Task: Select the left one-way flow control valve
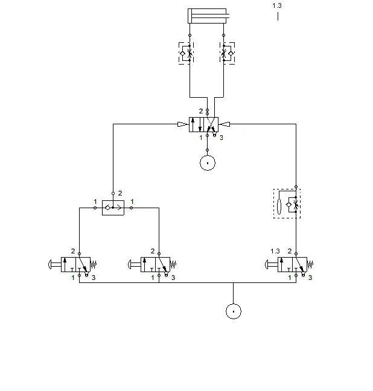tap(186, 53)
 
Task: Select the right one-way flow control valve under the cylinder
tap(227, 53)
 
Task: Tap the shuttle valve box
tap(113, 208)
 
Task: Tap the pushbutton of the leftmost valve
tap(54, 264)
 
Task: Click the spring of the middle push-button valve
tap(173, 264)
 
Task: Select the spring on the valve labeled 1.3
tap(310, 264)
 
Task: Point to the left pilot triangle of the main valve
tap(183, 124)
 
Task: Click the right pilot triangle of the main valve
tap(224, 124)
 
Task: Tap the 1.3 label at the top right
tap(277, 5)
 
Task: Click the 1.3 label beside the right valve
tap(275, 251)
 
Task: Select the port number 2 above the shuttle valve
tap(120, 193)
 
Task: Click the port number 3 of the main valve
tap(222, 138)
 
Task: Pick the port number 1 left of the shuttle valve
tap(95, 202)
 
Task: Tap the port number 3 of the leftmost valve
tap(94, 278)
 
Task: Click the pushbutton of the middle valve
tap(134, 264)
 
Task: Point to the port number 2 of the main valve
tap(201, 111)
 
